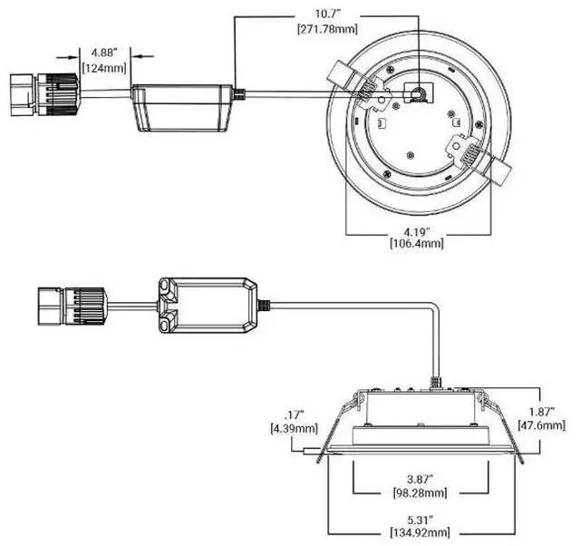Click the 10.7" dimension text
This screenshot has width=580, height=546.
pyautogui.click(x=327, y=15)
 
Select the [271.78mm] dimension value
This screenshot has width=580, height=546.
pyautogui.click(x=328, y=29)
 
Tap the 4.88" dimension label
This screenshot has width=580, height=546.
pyautogui.click(x=104, y=53)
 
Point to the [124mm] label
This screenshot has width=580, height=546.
pyautogui.click(x=104, y=68)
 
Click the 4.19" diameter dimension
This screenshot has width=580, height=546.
pyautogui.click(x=417, y=232)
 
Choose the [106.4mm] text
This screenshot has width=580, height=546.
pyautogui.click(x=417, y=243)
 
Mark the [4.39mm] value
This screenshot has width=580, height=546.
pyautogui.click(x=294, y=429)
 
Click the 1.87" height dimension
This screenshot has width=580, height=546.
pyautogui.click(x=542, y=412)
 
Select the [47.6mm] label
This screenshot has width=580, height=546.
pyautogui.click(x=542, y=425)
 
